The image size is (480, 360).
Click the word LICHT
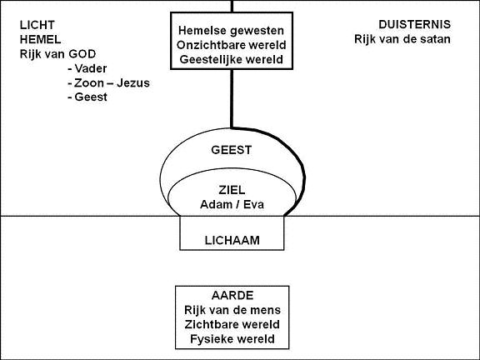tap(37, 25)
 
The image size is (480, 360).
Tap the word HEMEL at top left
tap(40, 39)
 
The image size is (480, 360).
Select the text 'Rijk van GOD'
tap(57, 54)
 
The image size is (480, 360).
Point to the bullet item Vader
tap(87, 68)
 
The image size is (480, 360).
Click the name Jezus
tap(133, 83)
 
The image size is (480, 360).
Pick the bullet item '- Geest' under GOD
tap(87, 97)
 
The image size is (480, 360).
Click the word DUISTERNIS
tap(414, 24)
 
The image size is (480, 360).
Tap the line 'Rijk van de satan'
tap(402, 39)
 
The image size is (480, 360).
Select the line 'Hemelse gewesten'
tap(231, 31)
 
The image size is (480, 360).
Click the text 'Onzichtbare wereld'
tap(232, 45)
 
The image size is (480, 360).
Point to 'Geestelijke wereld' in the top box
tap(232, 59)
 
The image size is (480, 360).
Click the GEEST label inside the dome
tap(232, 150)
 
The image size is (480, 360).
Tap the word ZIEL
tap(232, 190)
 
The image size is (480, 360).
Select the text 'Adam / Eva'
tap(232, 204)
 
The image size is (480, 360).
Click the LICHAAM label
tap(232, 241)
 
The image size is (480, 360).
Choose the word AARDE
tap(232, 296)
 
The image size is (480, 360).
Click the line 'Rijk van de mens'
tap(232, 310)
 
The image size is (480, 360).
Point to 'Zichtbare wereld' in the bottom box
tap(232, 324)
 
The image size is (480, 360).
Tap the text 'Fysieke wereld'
tap(232, 339)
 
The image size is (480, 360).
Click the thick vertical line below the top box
tap(232, 98)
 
